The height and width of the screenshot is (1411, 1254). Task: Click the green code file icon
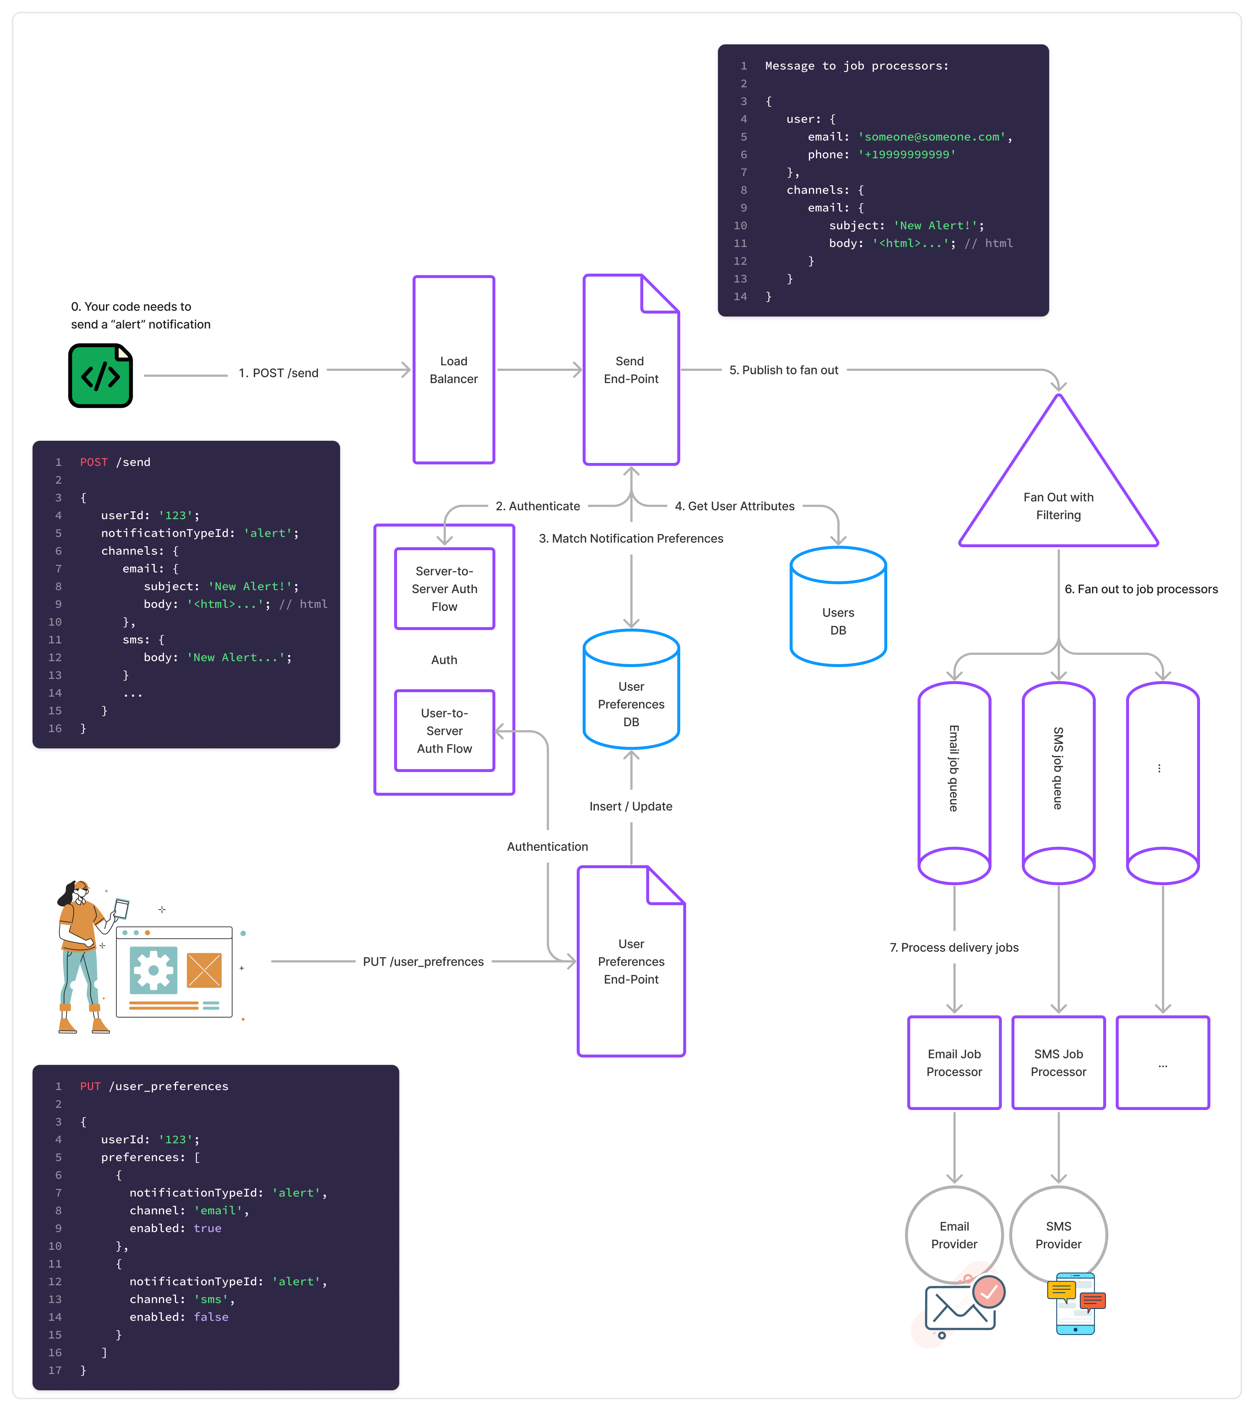(100, 376)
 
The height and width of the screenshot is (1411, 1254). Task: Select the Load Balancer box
(453, 370)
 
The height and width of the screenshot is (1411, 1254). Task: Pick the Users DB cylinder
(838, 615)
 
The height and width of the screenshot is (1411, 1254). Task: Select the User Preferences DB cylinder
(631, 697)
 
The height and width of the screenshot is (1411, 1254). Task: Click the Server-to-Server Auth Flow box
(444, 589)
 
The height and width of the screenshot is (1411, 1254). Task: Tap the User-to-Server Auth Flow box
(444, 730)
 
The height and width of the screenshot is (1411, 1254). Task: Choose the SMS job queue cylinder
(1058, 780)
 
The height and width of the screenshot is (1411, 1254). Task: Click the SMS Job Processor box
(1058, 1062)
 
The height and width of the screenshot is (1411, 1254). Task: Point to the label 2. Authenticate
(538, 506)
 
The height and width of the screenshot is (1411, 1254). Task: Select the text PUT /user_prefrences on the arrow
(423, 962)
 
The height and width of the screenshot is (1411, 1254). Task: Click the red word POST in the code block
(94, 462)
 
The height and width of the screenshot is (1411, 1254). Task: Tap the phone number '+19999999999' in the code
(907, 155)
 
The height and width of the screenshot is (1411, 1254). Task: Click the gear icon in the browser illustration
(153, 970)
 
